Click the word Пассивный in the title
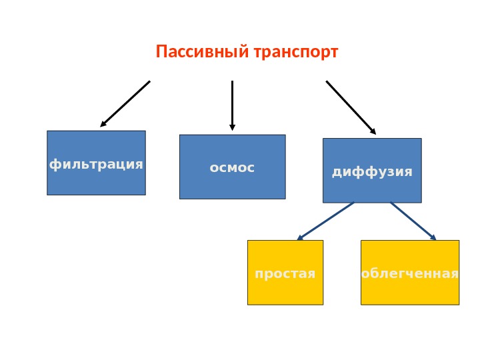(201, 51)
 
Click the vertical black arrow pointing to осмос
(232, 103)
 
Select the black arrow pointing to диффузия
(349, 106)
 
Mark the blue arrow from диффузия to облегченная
(412, 220)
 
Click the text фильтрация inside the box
(96, 164)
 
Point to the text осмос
(232, 168)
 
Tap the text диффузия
(372, 172)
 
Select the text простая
(285, 273)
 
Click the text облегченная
(409, 273)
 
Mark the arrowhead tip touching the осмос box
(232, 127)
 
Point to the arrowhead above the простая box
(300, 237)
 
